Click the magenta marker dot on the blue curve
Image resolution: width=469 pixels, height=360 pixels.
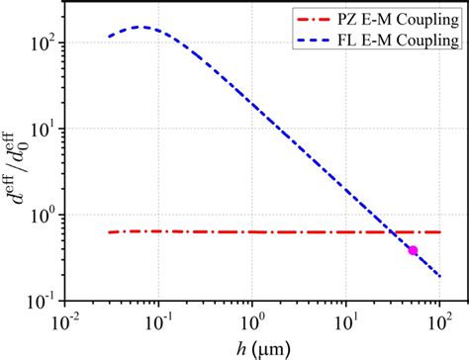point(413,250)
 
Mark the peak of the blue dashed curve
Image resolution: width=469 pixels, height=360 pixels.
point(142,27)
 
